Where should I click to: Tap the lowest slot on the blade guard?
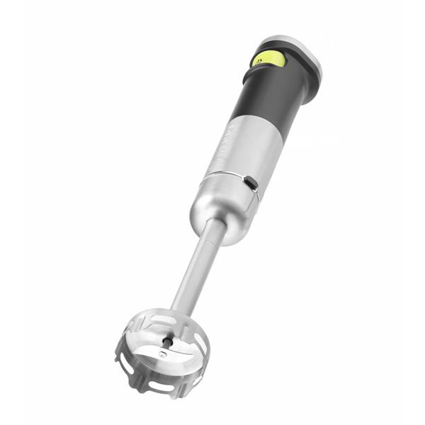(x=164, y=387)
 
